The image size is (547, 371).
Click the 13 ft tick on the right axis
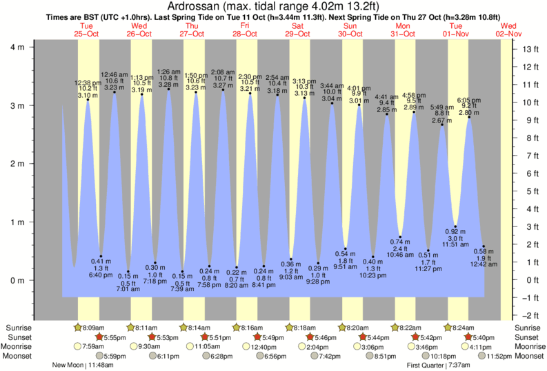[x=530, y=50]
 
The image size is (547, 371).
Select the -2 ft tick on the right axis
[x=530, y=315]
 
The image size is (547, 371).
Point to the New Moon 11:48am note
[x=82, y=365]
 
